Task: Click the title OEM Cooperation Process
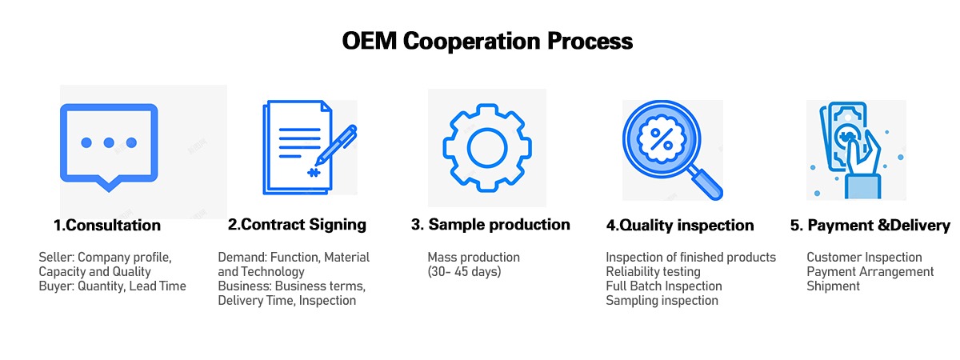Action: [487, 42]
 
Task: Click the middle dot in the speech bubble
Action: [109, 142]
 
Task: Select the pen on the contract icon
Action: [336, 146]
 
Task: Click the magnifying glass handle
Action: [706, 183]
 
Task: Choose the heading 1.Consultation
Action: [107, 225]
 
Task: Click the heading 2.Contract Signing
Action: [297, 225]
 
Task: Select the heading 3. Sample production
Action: [490, 225]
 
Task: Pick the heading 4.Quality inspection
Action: [680, 225]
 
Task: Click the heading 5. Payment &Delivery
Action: [870, 225]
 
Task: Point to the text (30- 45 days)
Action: [464, 272]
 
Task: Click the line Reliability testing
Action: [653, 272]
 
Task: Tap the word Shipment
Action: [833, 286]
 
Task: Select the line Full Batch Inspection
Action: [664, 286]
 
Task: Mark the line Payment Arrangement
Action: [870, 272]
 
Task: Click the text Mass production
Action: [474, 257]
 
